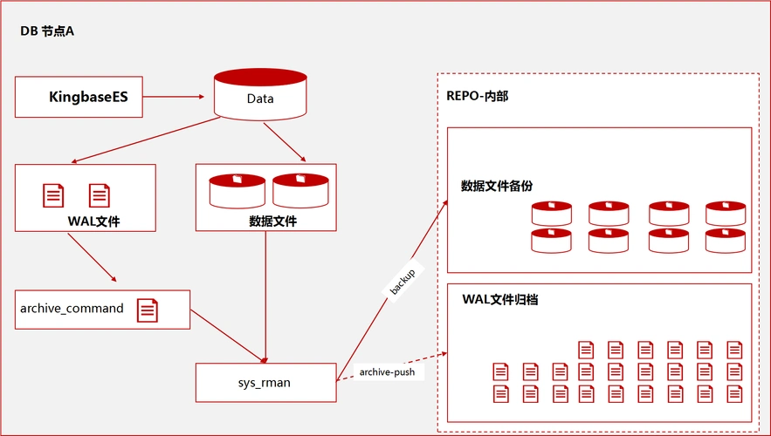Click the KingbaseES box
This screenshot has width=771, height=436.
coord(79,97)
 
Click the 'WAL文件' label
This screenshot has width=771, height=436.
coord(93,221)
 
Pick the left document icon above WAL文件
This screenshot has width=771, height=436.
coord(54,195)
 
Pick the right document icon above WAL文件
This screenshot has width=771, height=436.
coord(100,195)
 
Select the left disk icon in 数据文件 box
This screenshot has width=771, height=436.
coord(237,190)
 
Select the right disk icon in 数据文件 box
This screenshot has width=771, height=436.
coord(300,190)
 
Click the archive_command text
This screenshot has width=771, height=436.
coord(72,308)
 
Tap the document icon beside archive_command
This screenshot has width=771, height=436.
coord(148,310)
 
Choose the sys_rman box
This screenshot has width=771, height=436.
coord(265,382)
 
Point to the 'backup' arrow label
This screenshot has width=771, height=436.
coord(402,281)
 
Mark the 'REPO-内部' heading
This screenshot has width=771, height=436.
coord(478,96)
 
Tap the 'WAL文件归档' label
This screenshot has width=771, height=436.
coord(500,299)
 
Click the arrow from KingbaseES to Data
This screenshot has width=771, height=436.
coord(178,97)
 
